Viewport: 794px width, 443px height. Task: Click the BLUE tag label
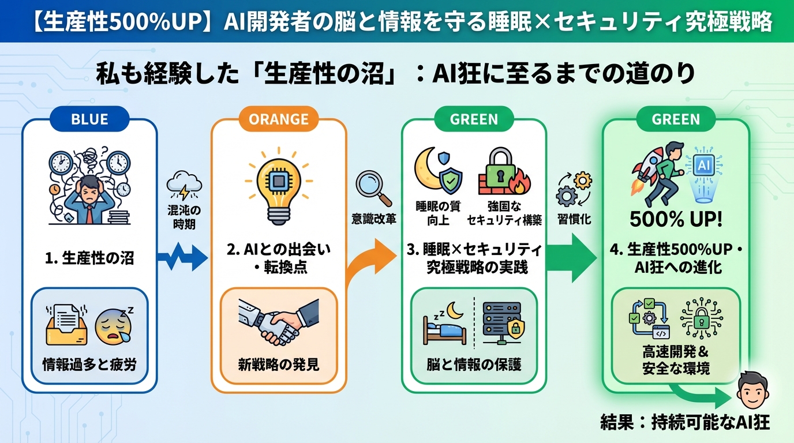point(89,119)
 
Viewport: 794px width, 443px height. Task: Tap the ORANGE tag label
point(278,119)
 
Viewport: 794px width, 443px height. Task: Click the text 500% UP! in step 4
point(676,220)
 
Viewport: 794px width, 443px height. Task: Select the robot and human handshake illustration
point(279,323)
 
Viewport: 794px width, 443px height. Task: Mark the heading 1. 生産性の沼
point(89,257)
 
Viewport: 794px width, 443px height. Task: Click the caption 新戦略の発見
point(279,365)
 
